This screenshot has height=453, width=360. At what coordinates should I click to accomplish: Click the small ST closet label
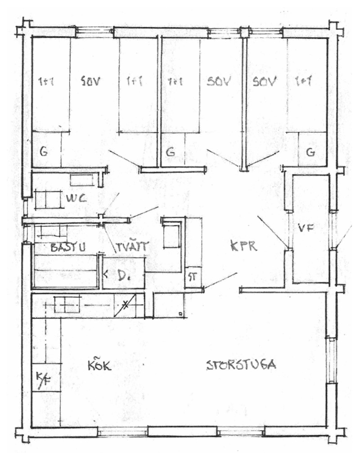click(x=192, y=277)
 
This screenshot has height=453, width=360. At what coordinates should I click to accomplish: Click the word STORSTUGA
click(x=241, y=364)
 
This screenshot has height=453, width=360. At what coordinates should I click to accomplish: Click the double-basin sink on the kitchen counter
click(x=66, y=305)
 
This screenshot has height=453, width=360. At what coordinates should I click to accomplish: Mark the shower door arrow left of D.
click(x=106, y=273)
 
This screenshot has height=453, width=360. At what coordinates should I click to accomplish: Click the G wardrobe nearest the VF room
click(x=310, y=152)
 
